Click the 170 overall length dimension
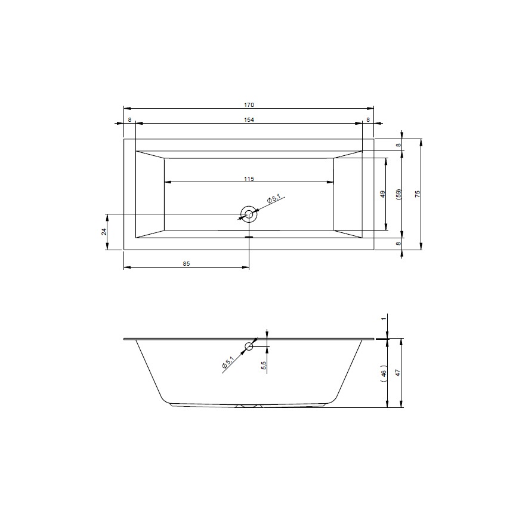(x=249, y=105)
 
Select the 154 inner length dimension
(x=249, y=120)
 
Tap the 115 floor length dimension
(x=249, y=179)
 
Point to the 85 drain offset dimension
(x=186, y=264)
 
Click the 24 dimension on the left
(x=104, y=232)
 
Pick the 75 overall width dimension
(x=418, y=194)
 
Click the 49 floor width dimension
(x=382, y=194)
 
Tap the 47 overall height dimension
(x=398, y=373)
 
